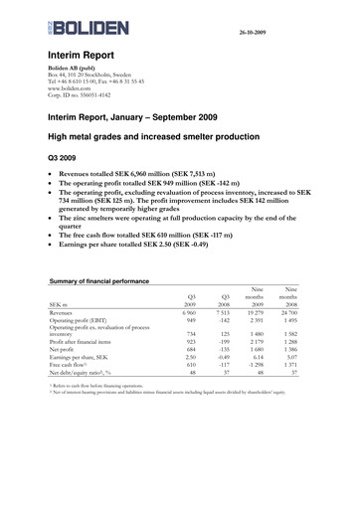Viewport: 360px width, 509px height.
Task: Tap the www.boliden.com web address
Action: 70,86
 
